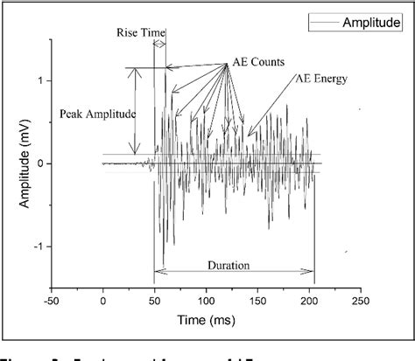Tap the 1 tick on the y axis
39,81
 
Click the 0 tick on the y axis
39,163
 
